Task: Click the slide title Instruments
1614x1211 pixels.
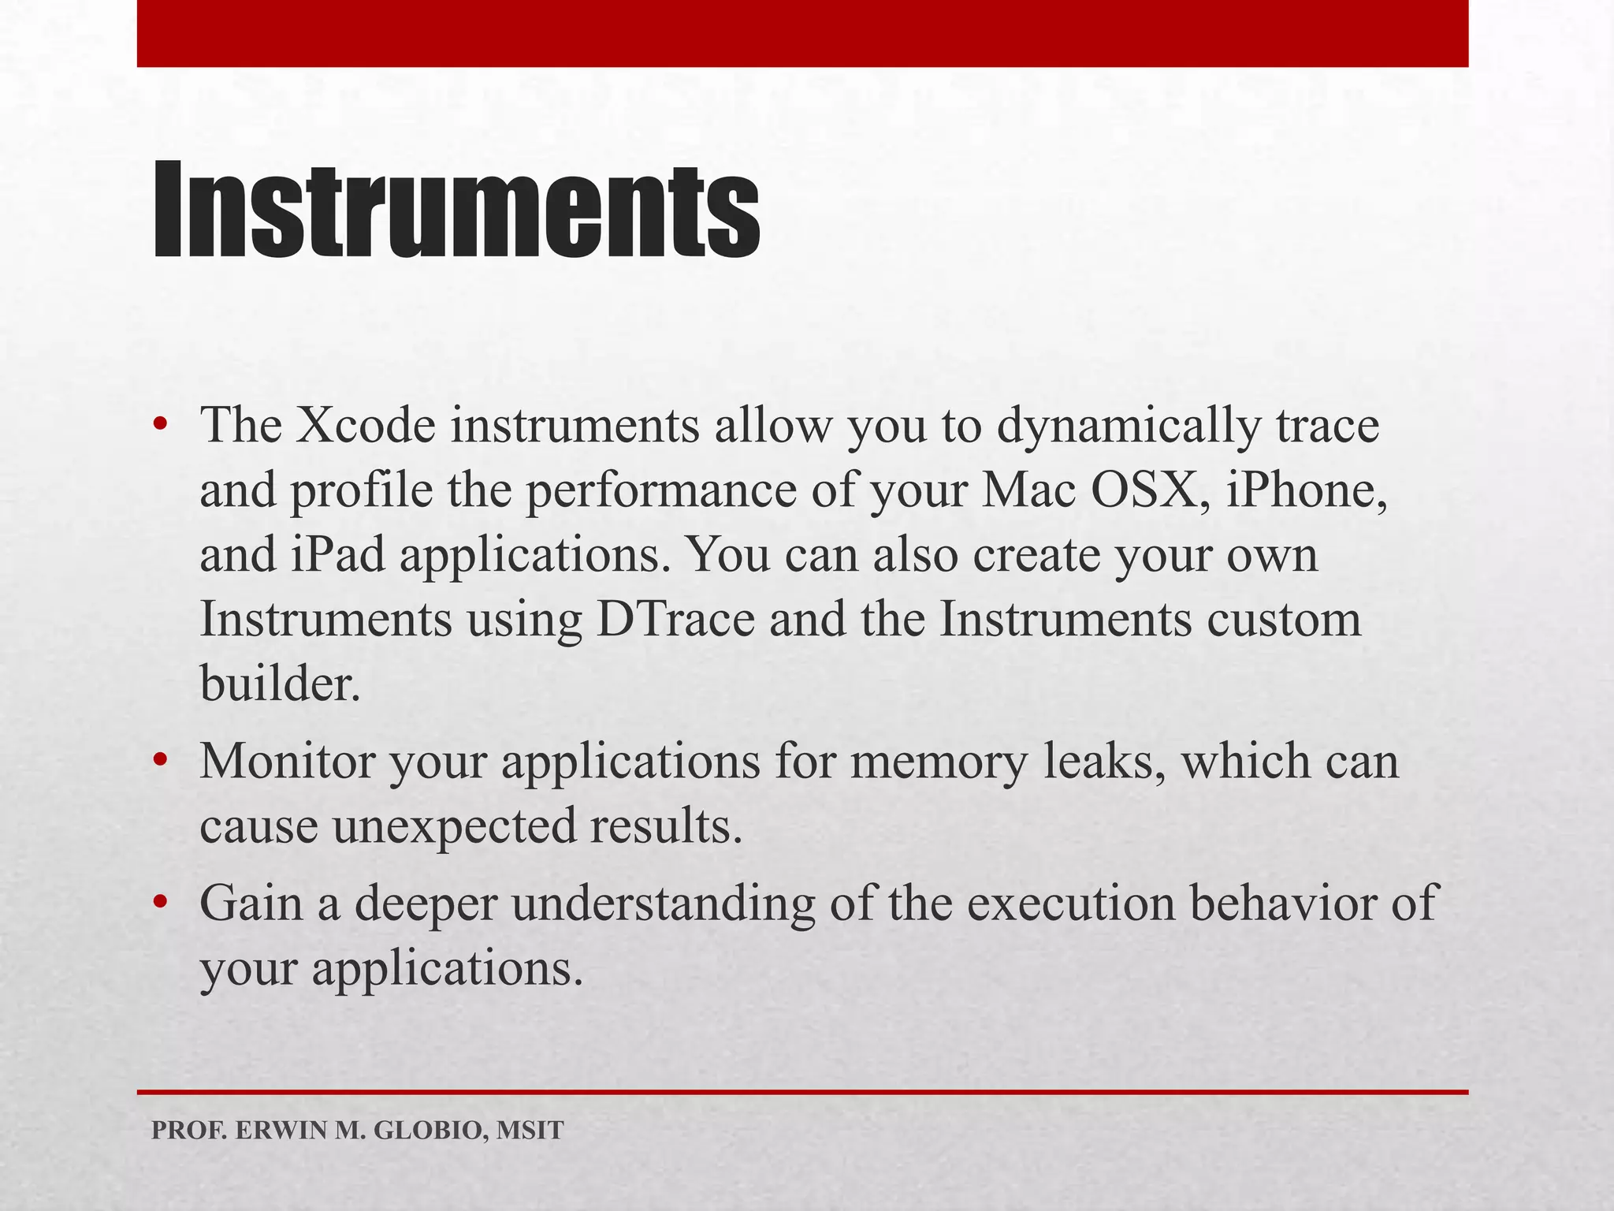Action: point(456,211)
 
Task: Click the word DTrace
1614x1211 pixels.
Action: point(676,620)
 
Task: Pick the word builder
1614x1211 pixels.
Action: point(279,684)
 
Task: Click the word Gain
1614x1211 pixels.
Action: point(251,904)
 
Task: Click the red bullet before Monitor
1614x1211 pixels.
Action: point(161,762)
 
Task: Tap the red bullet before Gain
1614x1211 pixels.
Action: point(161,903)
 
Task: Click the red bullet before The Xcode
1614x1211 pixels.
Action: point(161,426)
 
